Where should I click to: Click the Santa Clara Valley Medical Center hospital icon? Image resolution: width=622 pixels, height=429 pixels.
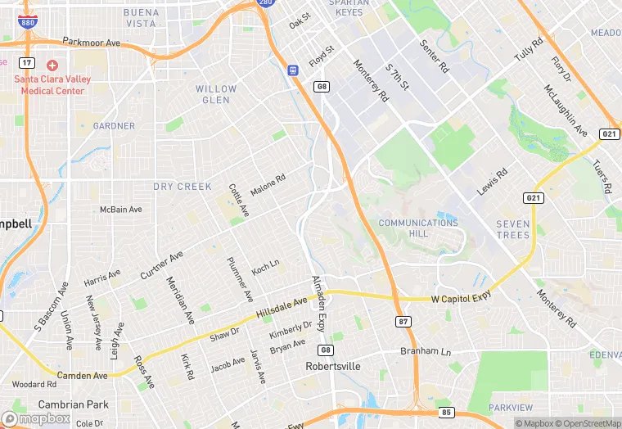(52, 65)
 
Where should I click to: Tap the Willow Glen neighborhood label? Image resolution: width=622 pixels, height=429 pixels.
(217, 94)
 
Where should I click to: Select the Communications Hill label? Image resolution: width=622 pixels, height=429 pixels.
(418, 228)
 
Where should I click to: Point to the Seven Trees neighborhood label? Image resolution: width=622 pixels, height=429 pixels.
(513, 229)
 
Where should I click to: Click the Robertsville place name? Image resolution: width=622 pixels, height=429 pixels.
(333, 367)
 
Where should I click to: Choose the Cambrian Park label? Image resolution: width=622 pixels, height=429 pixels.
(73, 404)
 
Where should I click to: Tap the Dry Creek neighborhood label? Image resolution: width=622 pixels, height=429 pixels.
(183, 187)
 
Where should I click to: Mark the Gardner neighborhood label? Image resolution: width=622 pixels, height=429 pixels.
(114, 126)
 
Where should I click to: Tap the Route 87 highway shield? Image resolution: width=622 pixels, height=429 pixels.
(402, 321)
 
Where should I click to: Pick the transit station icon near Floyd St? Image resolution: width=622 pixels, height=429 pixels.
(293, 70)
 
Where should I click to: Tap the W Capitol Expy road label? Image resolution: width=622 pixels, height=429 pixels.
(462, 298)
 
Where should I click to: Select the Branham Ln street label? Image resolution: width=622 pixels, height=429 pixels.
(425, 351)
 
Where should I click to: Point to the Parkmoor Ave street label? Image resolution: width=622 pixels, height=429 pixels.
(91, 42)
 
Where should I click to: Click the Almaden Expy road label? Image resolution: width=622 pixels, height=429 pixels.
(319, 303)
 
